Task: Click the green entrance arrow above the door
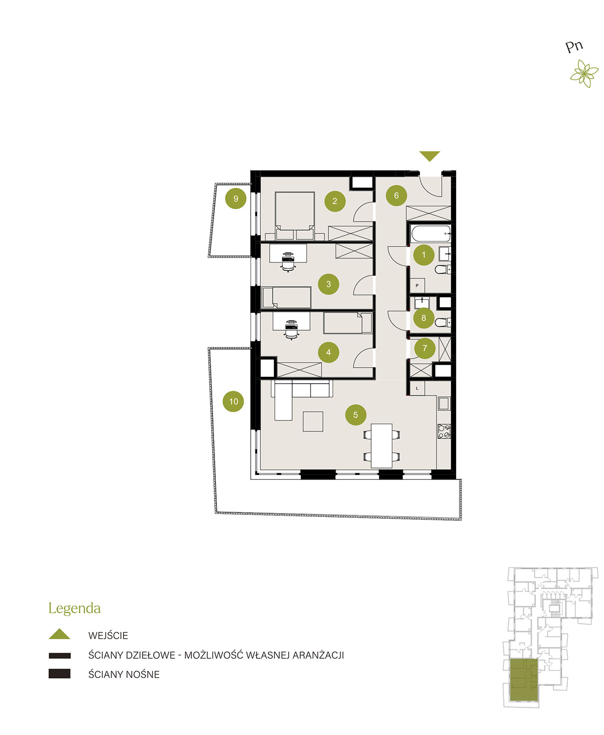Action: [429, 156]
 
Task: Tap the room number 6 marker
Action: [396, 196]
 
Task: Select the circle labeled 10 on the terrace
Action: [233, 401]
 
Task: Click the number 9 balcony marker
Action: [236, 198]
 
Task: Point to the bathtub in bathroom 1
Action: [430, 233]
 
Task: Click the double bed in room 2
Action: [294, 215]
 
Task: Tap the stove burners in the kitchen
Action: [444, 431]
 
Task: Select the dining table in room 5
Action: [381, 446]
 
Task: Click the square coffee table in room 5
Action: [313, 422]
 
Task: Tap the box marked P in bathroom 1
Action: [417, 286]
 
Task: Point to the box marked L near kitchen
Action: [417, 388]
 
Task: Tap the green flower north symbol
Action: [584, 73]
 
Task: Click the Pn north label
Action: [574, 46]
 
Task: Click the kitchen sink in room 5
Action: [444, 404]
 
